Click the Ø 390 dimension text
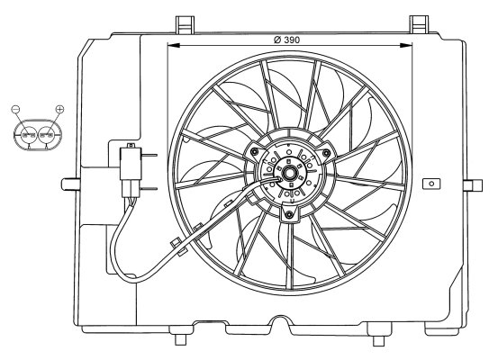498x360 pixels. (x=286, y=40)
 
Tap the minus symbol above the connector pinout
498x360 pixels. (x=15, y=109)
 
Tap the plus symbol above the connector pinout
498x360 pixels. (x=59, y=109)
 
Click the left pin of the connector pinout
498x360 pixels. (x=29, y=135)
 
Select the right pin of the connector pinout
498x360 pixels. (x=47, y=135)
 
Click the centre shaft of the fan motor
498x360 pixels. (x=289, y=174)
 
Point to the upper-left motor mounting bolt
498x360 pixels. (x=254, y=152)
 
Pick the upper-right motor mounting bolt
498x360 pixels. (x=325, y=154)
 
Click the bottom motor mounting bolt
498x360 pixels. (x=289, y=215)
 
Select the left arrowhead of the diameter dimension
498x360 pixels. (x=174, y=46)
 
